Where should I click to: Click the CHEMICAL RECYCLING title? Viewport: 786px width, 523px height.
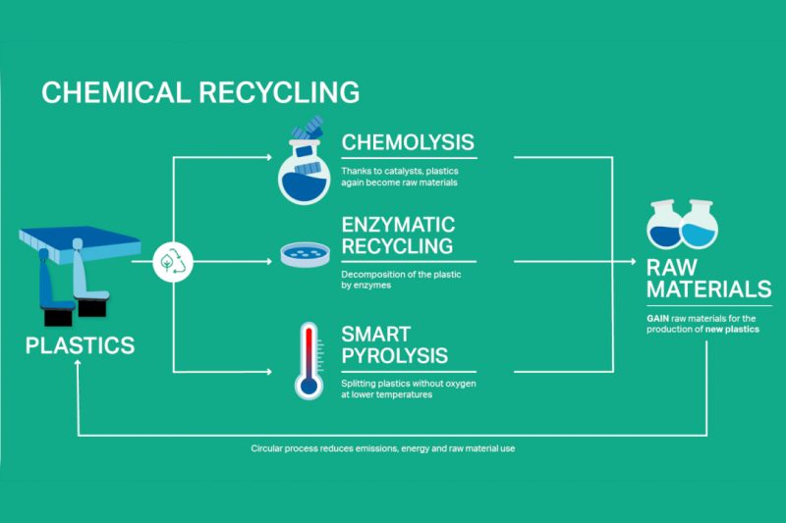point(200,92)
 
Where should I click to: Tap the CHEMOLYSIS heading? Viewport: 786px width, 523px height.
point(408,142)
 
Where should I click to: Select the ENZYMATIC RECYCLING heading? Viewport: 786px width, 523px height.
point(398,235)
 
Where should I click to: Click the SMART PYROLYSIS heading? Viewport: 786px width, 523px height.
point(395,344)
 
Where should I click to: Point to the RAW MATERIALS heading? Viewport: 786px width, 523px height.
point(708,279)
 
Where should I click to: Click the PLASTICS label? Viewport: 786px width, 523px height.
point(81,345)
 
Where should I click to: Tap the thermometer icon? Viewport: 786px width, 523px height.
point(309,361)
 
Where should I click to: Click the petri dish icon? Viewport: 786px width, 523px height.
point(305,254)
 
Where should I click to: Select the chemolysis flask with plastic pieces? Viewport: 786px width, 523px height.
point(305,161)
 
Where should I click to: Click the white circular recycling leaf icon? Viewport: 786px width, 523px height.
point(173,262)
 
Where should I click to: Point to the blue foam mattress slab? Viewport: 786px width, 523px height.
point(81,242)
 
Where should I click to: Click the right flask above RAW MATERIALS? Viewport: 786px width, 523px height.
point(700,225)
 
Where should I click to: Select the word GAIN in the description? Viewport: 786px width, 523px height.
point(657,318)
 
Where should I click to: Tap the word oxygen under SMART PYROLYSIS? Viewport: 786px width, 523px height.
point(460,384)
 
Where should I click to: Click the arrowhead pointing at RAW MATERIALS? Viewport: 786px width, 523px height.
point(633,261)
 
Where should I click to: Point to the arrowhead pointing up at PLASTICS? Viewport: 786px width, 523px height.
point(78,363)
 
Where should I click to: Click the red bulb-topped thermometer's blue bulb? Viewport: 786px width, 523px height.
point(309,387)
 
